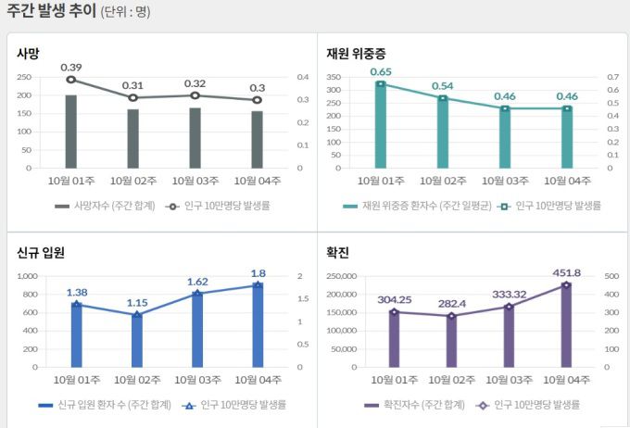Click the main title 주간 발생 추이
pos(51,12)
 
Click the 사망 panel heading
pos(28,53)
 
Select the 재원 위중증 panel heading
pos(356,53)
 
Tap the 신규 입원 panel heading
pos(40,252)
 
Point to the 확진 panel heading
pos(337,252)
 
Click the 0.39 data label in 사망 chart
pos(71,67)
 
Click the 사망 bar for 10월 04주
pos(257,140)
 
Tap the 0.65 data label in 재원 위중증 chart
pos(381,71)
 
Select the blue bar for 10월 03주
pos(196,330)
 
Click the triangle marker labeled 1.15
pos(137,315)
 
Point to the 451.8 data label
pos(566,272)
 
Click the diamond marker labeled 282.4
pos(451,316)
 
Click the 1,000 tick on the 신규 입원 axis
pos(25,277)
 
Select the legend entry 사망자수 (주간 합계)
pos(98,206)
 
